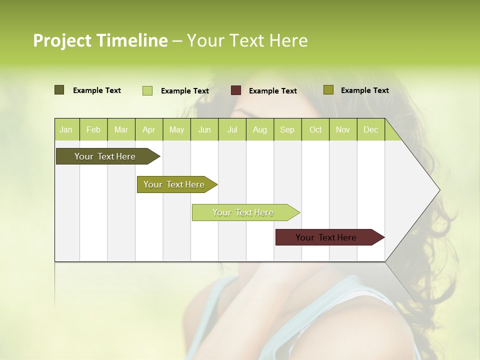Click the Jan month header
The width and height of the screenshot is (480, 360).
point(66,130)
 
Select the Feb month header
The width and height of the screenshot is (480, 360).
point(93,130)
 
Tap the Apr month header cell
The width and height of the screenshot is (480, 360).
point(149,130)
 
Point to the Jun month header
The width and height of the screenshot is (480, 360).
point(204,130)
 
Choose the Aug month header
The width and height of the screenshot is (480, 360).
point(260,130)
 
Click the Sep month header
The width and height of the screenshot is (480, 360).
point(287,130)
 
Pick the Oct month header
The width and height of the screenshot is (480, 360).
point(315,130)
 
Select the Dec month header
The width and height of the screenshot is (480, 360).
point(371,130)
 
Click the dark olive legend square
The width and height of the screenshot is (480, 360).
point(59,90)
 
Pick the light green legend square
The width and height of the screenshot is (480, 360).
point(147,90)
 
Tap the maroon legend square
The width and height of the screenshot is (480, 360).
point(236,90)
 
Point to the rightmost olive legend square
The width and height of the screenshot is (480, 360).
point(328,90)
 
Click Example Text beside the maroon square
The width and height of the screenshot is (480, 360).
point(273,91)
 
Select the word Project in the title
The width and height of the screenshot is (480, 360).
point(62,40)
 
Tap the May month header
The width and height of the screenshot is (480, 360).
point(176,130)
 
